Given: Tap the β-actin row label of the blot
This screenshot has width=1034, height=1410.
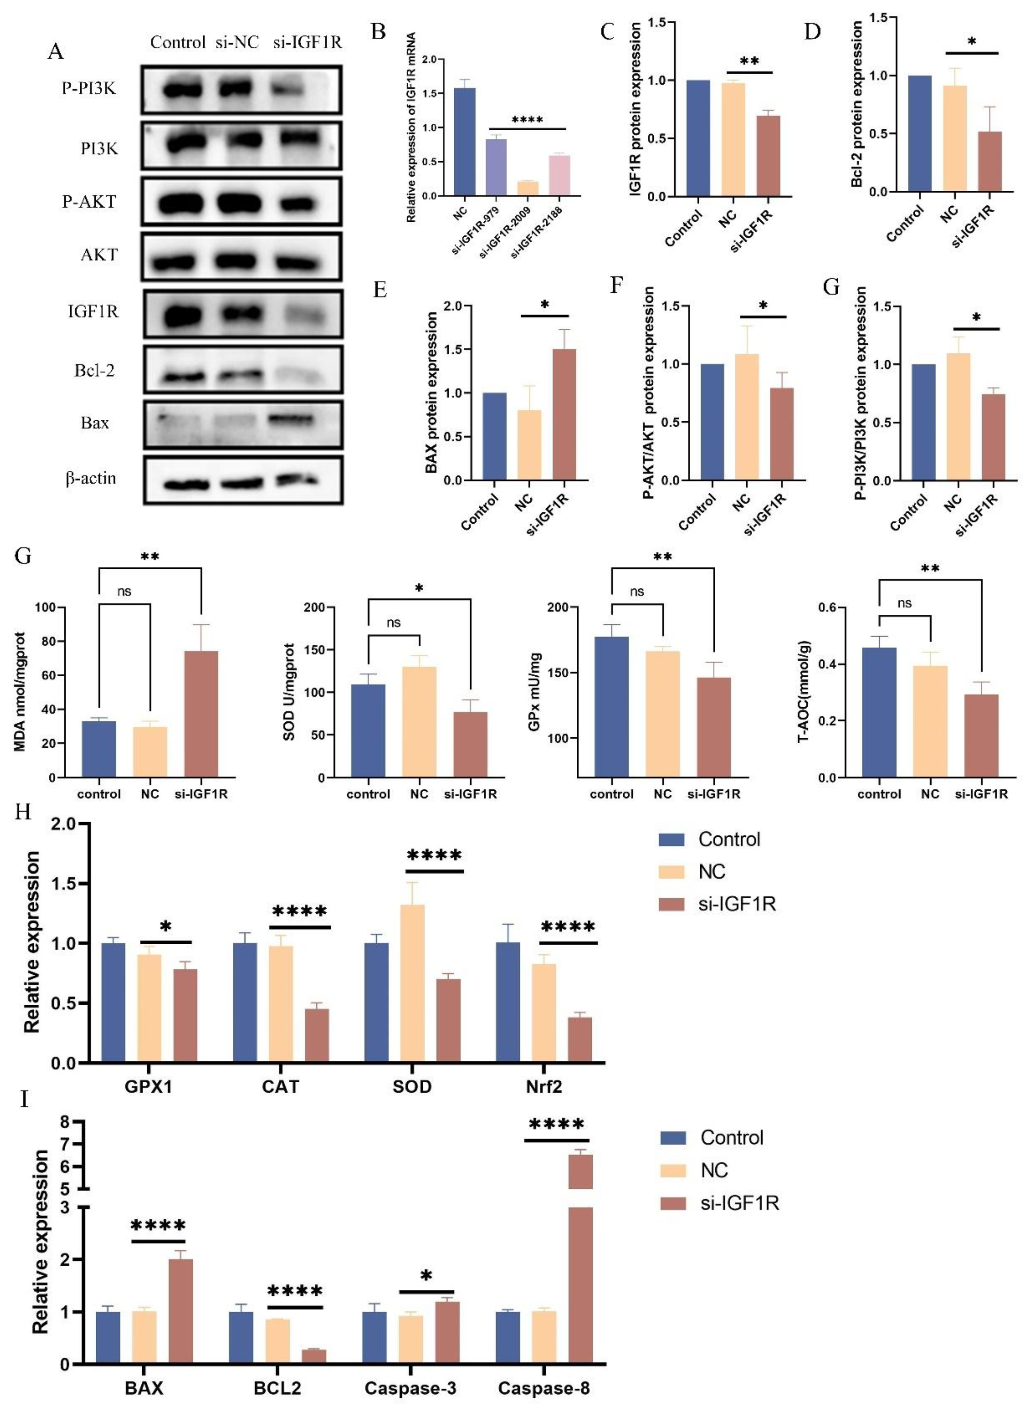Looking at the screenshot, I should [91, 479].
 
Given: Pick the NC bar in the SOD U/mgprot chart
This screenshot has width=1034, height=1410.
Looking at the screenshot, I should [419, 722].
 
